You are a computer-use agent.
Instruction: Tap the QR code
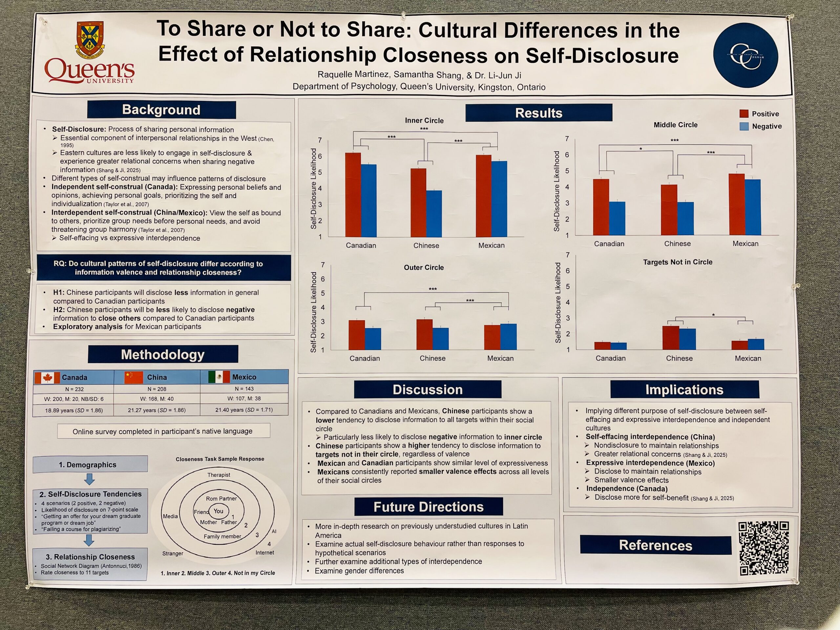763,548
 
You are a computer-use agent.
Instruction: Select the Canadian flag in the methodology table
48,377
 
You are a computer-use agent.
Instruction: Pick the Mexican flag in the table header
219,377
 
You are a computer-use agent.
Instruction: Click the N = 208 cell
157,389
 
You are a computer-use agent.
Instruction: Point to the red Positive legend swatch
744,114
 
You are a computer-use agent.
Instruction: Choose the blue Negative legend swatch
744,126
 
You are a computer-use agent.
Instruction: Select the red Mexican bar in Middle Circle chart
737,204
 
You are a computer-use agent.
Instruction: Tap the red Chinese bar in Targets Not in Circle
671,338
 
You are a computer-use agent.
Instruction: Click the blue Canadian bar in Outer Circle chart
372,339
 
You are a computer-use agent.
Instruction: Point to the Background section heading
161,110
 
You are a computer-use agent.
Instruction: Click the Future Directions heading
428,507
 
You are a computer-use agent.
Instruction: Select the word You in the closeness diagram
218,511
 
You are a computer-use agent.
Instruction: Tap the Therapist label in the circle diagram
219,475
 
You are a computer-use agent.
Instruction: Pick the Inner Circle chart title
424,120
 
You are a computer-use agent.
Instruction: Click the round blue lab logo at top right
745,55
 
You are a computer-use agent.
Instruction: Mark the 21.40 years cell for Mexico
244,410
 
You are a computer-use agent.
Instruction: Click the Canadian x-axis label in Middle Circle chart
609,244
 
